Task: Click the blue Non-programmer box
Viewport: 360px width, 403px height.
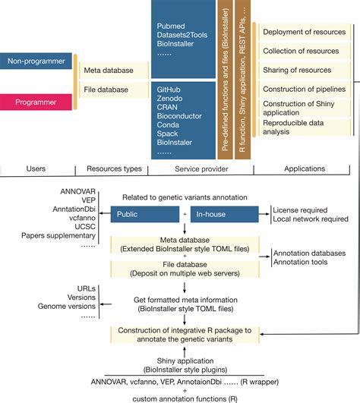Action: click(36, 61)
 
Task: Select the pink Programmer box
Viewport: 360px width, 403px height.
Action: click(36, 101)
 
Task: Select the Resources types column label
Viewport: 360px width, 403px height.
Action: click(109, 168)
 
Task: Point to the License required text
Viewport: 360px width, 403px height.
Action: click(302, 209)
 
